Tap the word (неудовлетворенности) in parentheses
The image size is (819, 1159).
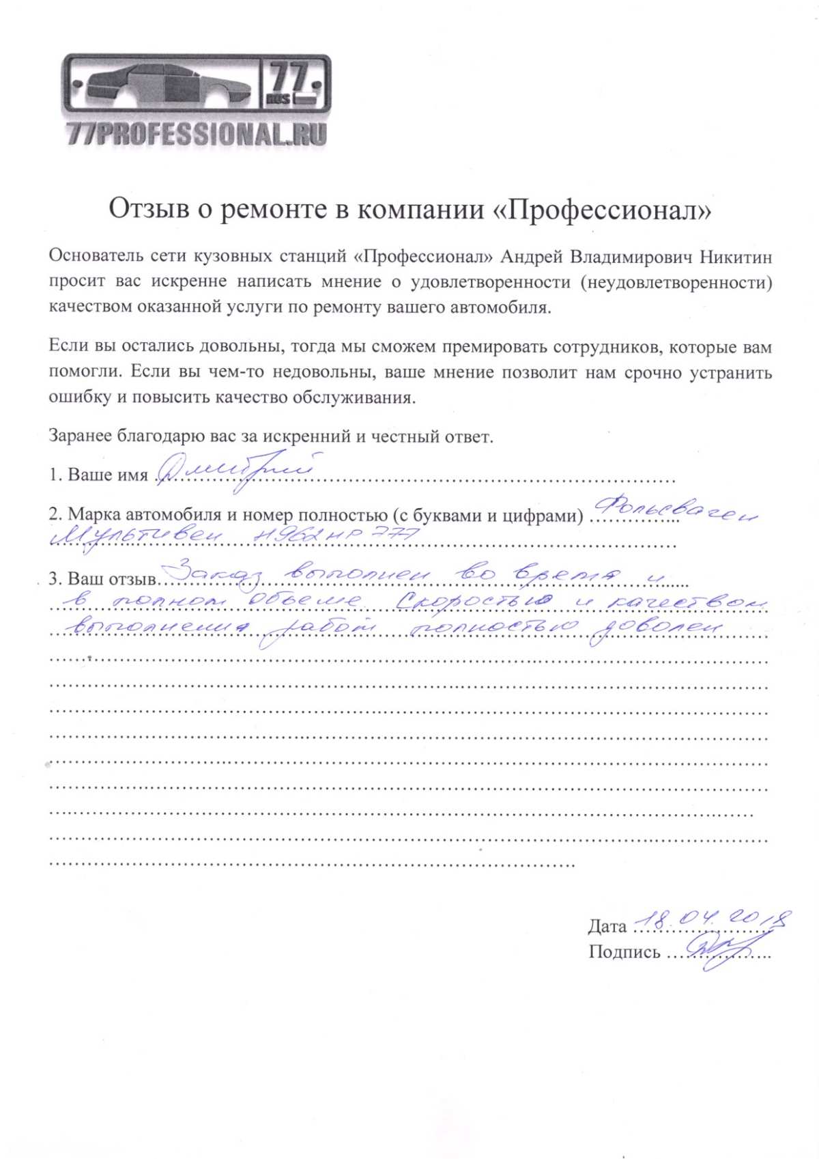676,282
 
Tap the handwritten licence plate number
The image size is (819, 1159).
334,537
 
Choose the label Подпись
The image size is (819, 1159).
624,952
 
